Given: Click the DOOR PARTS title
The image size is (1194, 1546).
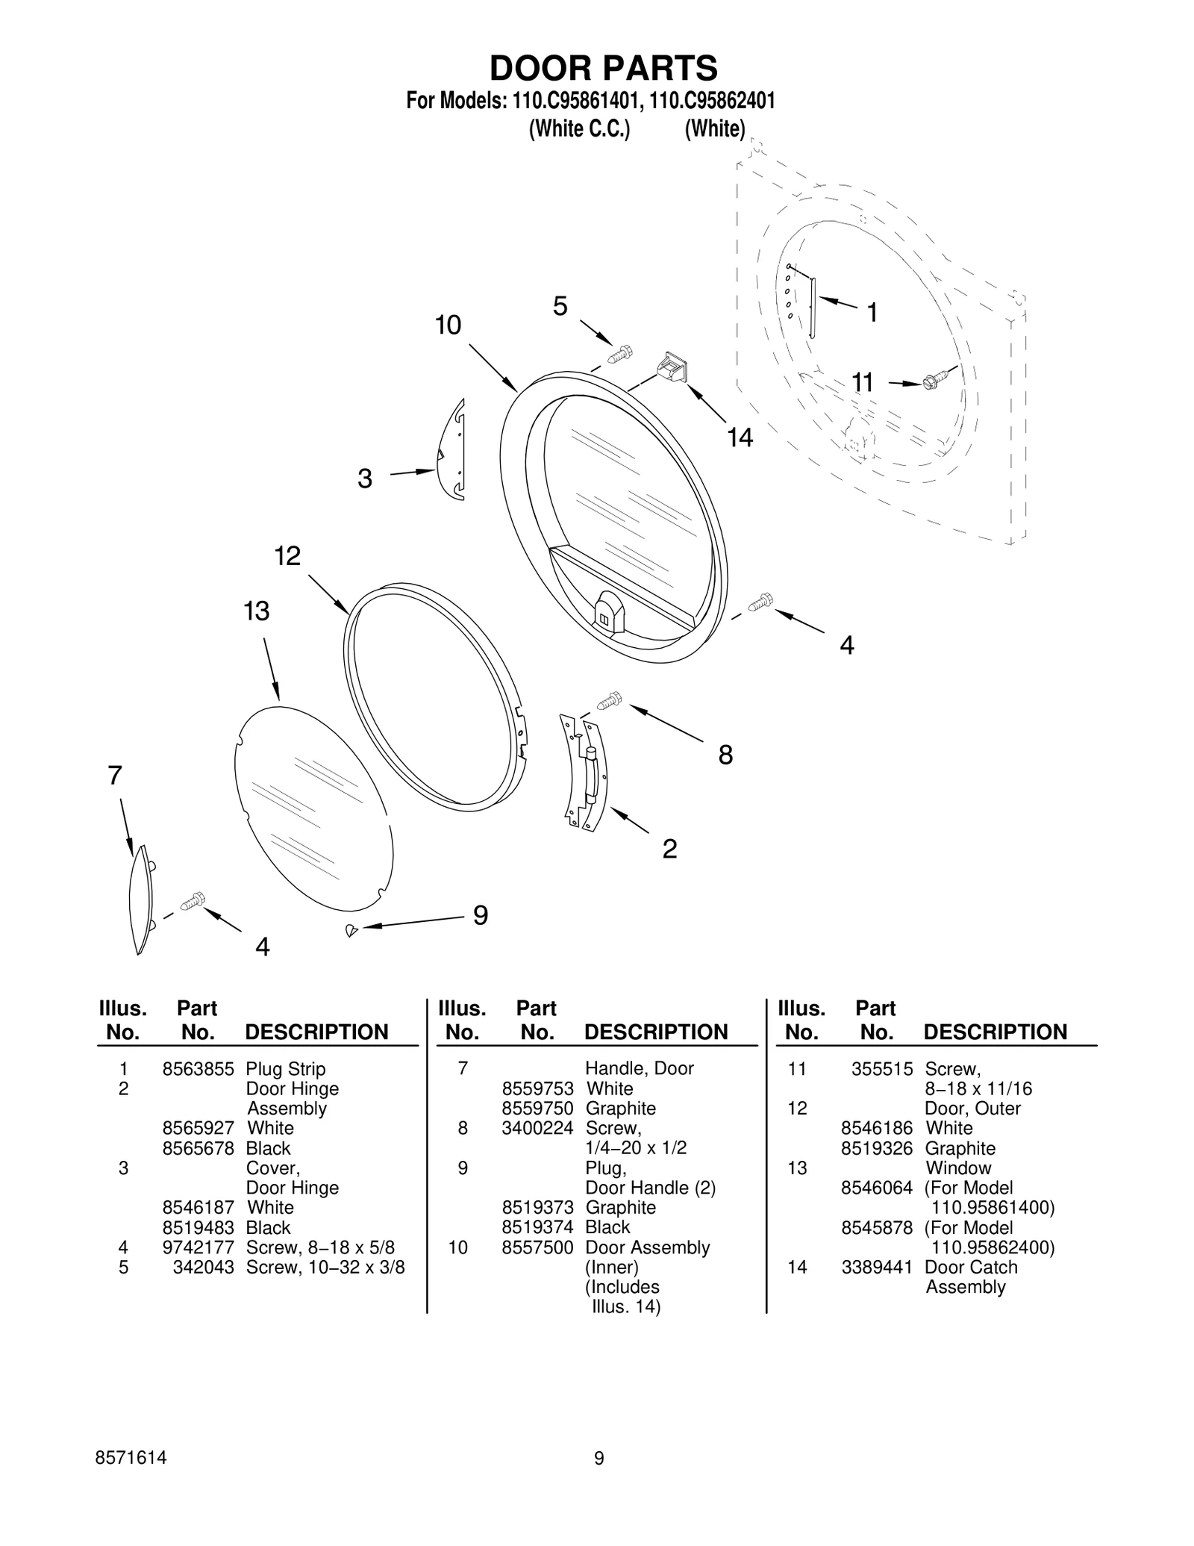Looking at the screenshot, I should coord(603,68).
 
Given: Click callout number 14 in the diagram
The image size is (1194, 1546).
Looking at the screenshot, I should coord(740,437).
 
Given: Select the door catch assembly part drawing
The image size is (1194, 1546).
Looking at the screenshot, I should coord(672,369).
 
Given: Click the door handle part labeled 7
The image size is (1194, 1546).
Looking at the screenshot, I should coord(140,900).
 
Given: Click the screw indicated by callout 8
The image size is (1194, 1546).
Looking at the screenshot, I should coord(610,700).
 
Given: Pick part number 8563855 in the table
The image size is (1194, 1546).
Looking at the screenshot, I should coord(198,1069).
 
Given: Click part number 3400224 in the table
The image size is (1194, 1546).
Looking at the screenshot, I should coord(537,1128).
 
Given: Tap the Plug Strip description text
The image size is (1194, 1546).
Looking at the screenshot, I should coord(286,1069).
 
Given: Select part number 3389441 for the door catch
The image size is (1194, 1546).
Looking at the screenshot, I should coord(877,1267).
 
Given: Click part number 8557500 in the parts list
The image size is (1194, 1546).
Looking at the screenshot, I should coord(537,1247).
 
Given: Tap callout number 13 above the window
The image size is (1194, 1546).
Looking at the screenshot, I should coord(256,611).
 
